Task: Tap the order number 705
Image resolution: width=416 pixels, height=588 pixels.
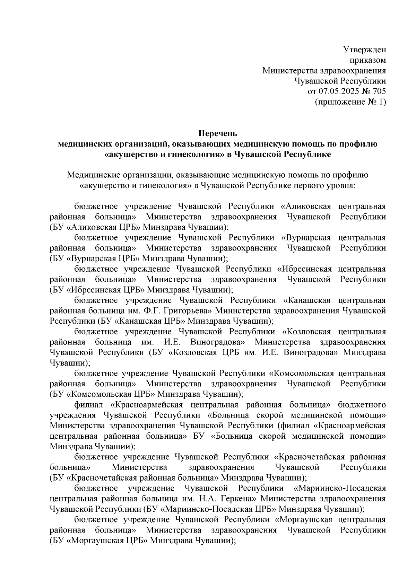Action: (x=379, y=91)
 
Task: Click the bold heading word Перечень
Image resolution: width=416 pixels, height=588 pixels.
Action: (x=217, y=133)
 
